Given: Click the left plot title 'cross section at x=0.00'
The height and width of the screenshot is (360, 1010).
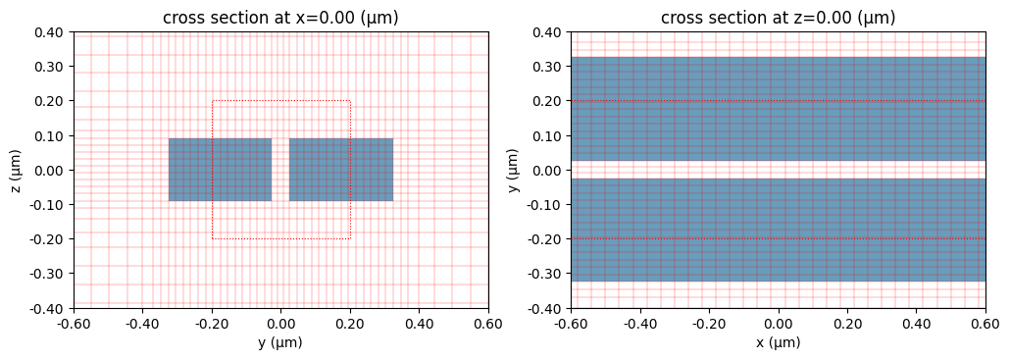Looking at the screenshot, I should [x=280, y=18].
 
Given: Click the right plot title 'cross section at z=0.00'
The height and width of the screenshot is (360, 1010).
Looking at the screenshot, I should [x=778, y=18].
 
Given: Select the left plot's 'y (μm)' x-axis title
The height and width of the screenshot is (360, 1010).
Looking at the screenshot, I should [x=280, y=342].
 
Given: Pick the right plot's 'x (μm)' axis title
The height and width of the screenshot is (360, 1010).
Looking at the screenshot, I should [x=778, y=342].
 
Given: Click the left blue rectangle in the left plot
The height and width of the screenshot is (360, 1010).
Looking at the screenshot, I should [x=220, y=170].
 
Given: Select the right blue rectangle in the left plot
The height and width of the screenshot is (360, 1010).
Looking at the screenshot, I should [x=341, y=170].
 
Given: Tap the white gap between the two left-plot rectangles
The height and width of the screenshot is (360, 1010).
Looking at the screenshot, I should [x=280, y=170].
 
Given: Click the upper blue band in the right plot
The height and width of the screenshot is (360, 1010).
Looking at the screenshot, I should [x=778, y=108].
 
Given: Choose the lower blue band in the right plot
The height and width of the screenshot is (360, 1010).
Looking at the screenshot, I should [x=778, y=231].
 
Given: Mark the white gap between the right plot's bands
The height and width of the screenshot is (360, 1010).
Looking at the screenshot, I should [x=778, y=170].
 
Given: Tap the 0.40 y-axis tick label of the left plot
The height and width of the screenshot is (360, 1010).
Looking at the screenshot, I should [x=50, y=32].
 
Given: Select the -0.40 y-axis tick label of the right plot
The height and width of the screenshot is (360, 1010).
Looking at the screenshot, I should [x=546, y=308].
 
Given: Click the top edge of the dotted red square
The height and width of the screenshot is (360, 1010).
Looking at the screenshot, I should [x=280, y=100].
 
